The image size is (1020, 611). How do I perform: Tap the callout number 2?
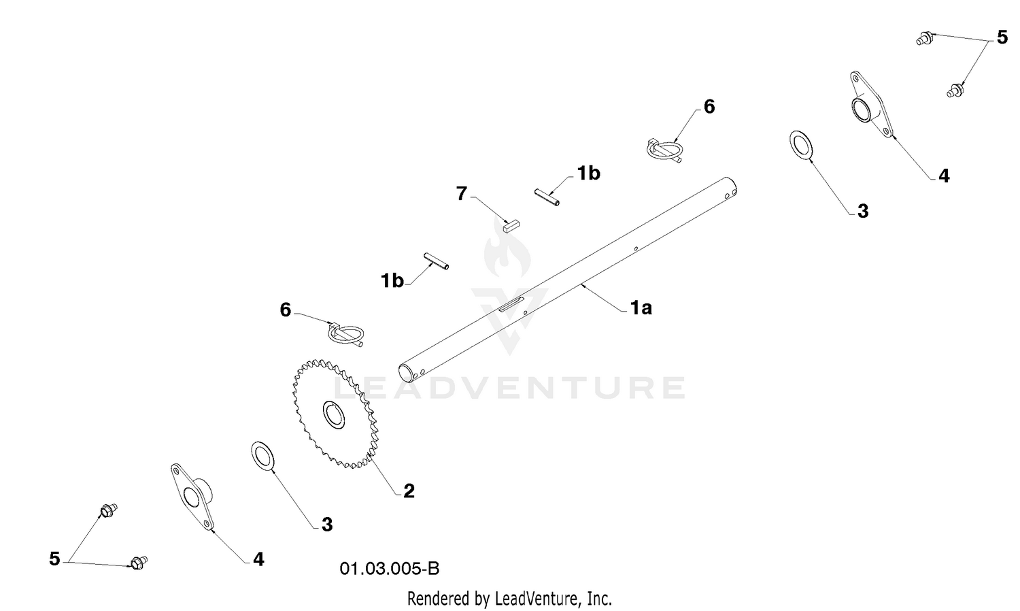tap(409, 491)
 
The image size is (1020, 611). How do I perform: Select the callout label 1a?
tap(641, 308)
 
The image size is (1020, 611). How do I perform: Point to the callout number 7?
tap(462, 194)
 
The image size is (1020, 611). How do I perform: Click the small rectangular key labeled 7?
tap(511, 226)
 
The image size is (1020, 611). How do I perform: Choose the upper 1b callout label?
tap(589, 174)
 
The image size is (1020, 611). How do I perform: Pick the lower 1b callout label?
tap(392, 281)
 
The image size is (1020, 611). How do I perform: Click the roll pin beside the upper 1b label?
tap(547, 198)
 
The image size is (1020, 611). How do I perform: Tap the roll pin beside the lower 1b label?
tap(437, 261)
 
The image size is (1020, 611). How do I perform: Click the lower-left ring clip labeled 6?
tap(346, 335)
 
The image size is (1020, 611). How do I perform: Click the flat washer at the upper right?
tap(802, 146)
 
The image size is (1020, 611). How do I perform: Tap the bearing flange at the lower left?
tap(192, 497)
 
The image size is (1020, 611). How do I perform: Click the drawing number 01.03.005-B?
tap(390, 569)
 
